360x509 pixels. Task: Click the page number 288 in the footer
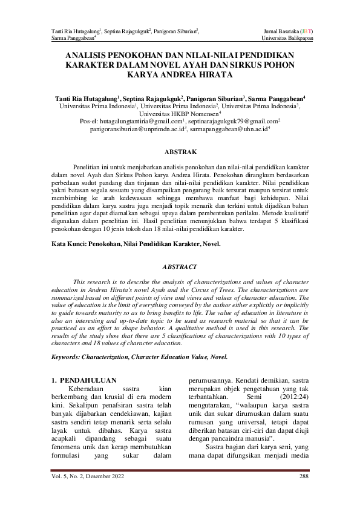point(304,477)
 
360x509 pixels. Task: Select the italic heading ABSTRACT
point(180,267)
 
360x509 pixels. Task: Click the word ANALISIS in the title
point(92,54)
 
